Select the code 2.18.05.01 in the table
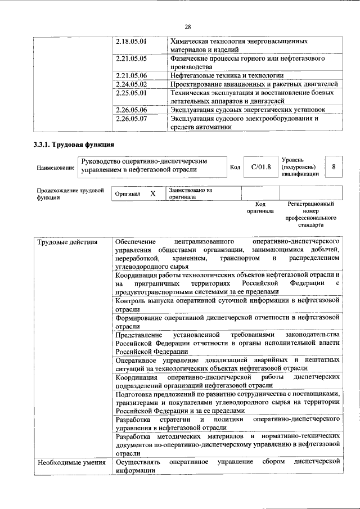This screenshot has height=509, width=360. point(131,42)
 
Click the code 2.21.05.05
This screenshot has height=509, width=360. point(131,58)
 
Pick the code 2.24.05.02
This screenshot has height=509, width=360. point(131,84)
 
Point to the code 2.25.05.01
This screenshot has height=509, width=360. point(131,92)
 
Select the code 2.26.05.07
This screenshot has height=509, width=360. point(131,119)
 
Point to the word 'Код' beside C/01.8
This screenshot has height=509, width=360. point(235,167)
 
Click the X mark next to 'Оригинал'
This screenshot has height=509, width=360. point(152,193)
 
